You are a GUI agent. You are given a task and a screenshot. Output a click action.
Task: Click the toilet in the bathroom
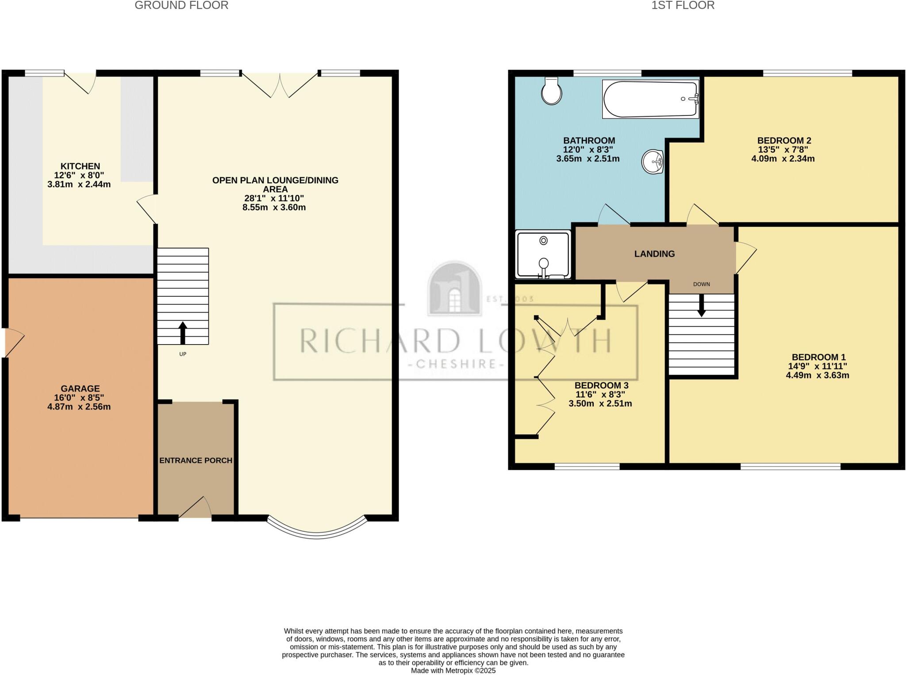click(552, 91)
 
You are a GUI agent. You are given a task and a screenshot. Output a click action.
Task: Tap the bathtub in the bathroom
click(650, 99)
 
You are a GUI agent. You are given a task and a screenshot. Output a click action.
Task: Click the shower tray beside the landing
click(543, 255)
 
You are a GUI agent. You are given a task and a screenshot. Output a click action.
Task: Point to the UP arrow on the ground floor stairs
click(182, 333)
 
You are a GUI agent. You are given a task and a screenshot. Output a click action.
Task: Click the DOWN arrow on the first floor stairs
click(702, 306)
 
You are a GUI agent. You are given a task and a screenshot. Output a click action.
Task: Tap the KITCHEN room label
click(80, 166)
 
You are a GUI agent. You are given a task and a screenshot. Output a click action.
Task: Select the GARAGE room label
click(80, 388)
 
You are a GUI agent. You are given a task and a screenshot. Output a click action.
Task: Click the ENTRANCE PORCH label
click(196, 460)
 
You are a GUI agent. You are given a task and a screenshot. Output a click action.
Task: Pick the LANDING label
click(654, 254)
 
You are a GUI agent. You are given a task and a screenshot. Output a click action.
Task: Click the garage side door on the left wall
click(13, 343)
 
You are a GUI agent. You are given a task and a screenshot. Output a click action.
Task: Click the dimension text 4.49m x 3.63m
click(817, 376)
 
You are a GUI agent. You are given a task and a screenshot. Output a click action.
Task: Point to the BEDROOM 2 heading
click(784, 141)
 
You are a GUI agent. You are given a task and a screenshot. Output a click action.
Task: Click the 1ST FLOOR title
click(683, 5)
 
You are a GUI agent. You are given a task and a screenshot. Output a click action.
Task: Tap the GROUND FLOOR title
click(181, 5)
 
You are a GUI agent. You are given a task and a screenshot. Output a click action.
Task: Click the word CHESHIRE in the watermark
click(455, 364)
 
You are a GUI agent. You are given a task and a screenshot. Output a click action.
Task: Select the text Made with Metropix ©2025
click(453, 671)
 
